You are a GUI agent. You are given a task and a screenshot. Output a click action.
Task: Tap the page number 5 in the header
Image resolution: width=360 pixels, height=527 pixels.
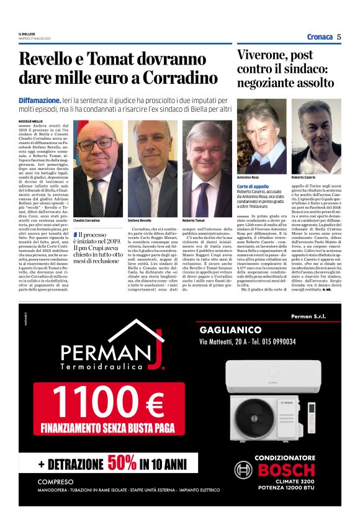tap(339, 37)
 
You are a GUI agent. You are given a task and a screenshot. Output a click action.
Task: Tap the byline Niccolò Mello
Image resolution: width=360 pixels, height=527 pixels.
tap(31, 120)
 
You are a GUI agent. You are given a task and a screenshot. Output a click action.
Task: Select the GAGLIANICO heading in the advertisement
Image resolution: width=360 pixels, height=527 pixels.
tap(230, 330)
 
